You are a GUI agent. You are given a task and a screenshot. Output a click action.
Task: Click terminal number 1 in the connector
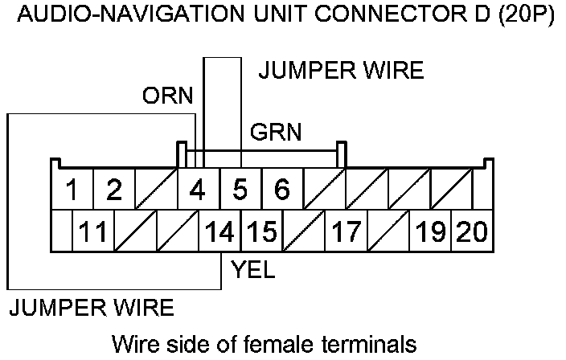72,190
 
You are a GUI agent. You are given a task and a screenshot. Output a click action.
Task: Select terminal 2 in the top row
114,190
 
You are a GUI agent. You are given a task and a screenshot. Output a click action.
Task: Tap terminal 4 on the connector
197,190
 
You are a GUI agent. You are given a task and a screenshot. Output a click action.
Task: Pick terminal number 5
240,190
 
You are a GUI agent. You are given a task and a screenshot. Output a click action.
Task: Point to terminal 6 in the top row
281,190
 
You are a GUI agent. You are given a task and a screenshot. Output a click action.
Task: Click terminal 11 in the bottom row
94,232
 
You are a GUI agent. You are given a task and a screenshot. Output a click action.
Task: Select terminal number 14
219,232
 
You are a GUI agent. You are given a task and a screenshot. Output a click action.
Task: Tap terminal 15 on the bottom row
260,232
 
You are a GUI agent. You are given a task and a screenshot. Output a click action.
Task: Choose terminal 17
345,232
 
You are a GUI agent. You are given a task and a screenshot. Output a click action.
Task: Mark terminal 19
430,232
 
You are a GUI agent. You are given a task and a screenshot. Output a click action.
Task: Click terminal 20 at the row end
472,232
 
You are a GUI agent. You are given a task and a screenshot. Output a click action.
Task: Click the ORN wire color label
168,97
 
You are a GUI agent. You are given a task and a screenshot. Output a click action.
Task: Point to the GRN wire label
276,133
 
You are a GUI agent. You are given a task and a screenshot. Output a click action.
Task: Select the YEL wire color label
252,271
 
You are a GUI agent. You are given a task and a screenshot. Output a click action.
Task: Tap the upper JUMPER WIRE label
340,72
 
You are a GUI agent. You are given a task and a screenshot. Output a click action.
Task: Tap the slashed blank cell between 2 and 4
156,190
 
